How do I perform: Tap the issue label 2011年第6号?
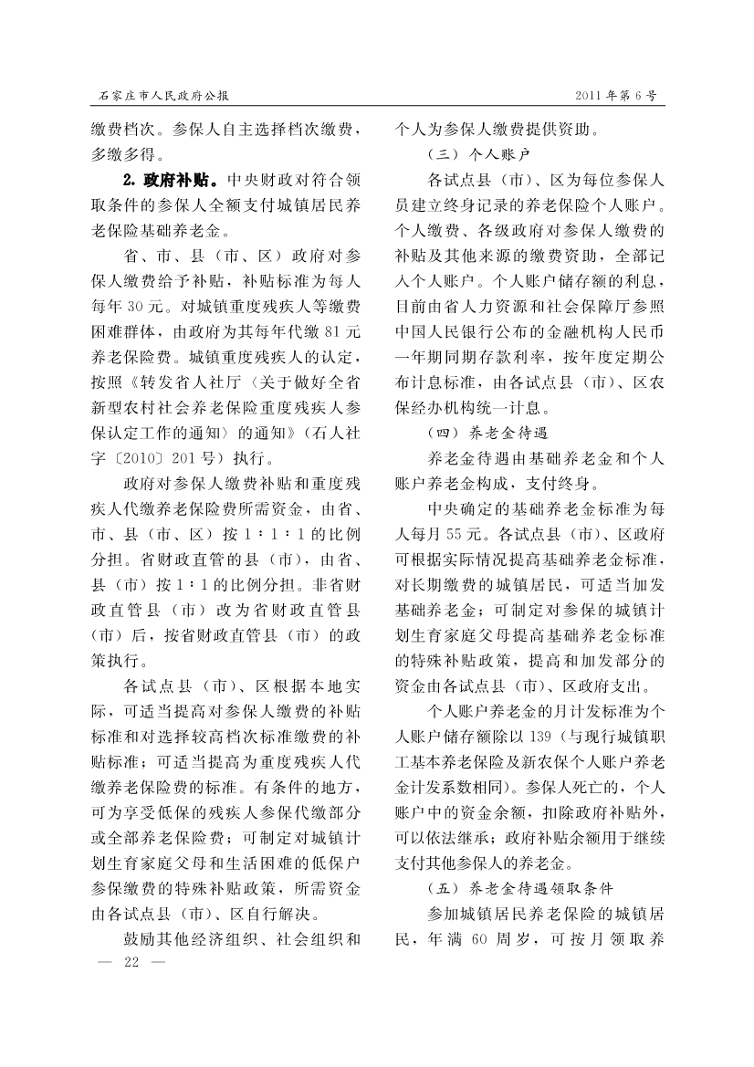pos(616,95)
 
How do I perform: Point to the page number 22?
pos(130,962)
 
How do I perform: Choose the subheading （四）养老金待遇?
pos(490,430)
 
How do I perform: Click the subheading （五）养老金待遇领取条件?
pos(520,886)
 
